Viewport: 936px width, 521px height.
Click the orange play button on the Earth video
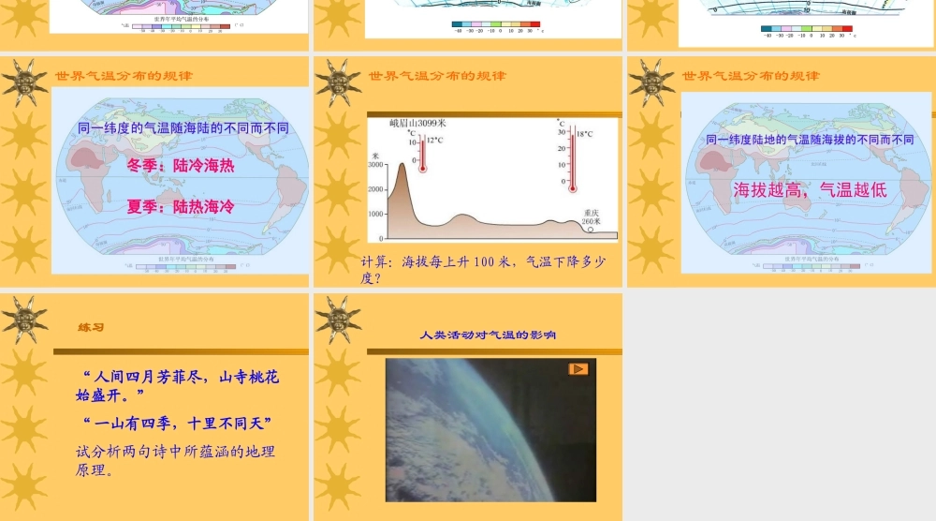(578, 368)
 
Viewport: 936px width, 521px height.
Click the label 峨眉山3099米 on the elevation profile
(417, 123)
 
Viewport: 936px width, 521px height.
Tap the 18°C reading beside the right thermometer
(584, 134)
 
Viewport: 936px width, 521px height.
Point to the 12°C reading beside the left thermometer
(435, 140)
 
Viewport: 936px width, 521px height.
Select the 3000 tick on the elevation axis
(375, 165)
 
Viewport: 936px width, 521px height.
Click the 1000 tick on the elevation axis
(375, 214)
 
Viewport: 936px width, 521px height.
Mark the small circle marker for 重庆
(591, 229)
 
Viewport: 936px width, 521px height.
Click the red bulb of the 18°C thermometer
(572, 187)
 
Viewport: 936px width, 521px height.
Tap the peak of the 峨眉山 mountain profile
(402, 165)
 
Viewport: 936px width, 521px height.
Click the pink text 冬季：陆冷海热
(181, 166)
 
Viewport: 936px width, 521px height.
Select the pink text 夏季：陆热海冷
(181, 206)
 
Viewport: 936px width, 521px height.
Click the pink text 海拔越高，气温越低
(810, 189)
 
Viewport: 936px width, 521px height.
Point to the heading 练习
(91, 328)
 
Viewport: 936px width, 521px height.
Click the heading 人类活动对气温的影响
(488, 334)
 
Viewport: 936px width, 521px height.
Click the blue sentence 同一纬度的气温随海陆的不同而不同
(183, 128)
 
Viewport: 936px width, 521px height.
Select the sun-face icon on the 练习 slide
(25, 319)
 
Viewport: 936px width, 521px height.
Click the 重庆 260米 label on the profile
(591, 216)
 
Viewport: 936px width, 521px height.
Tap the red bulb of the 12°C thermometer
(422, 169)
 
